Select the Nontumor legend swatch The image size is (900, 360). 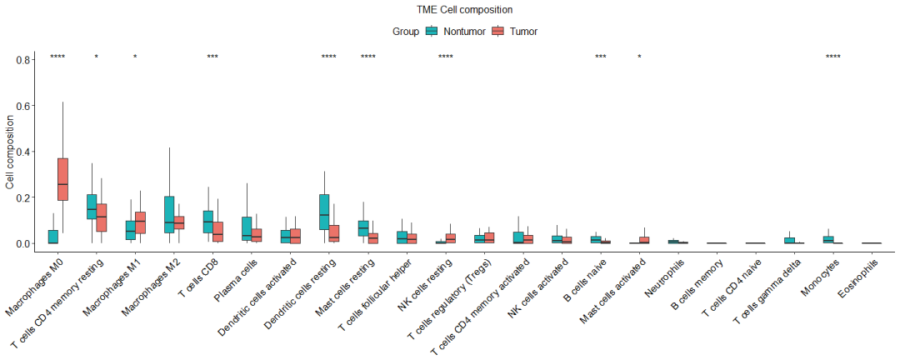[x=432, y=32]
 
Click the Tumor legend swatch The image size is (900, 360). [x=498, y=32]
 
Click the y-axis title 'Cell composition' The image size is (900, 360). [x=9, y=152]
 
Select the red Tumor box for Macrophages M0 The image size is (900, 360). [x=62, y=178]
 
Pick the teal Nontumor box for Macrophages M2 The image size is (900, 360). [x=169, y=214]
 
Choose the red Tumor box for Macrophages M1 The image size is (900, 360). [x=140, y=222]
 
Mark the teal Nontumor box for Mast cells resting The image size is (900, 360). [x=362, y=228]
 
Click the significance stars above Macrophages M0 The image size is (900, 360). [x=57, y=57]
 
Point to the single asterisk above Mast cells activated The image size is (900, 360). [x=639, y=57]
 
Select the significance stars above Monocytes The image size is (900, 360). [x=833, y=57]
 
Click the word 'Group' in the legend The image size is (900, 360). [x=405, y=32]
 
